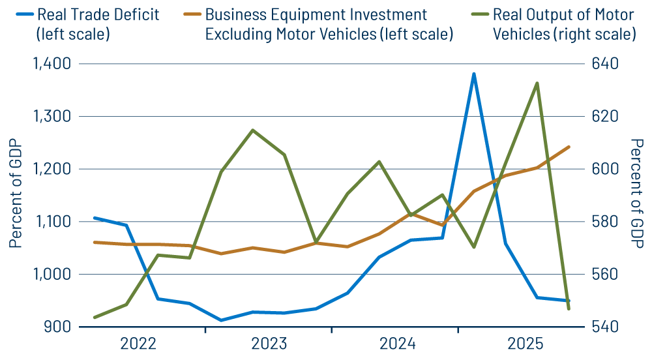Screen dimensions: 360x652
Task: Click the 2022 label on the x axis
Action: tap(138, 344)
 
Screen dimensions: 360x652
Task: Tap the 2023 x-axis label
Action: tap(269, 344)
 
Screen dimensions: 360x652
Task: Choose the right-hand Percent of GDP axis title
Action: tap(637, 194)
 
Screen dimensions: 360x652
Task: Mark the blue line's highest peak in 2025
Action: tap(473, 74)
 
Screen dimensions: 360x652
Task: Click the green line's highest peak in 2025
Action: tap(537, 83)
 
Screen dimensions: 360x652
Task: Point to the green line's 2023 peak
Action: tap(252, 130)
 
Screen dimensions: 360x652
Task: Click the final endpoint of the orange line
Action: tap(569, 147)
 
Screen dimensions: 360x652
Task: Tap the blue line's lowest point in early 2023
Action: tap(221, 320)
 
